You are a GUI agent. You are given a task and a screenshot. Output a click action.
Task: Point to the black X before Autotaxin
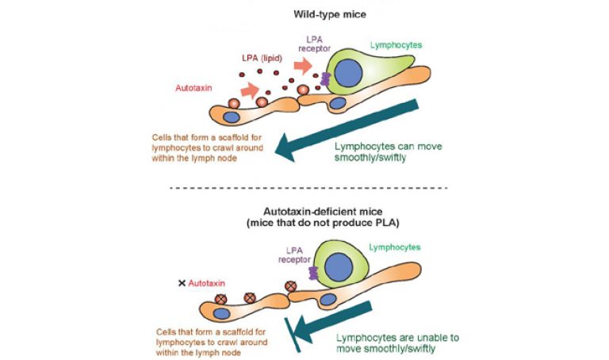coord(182,281)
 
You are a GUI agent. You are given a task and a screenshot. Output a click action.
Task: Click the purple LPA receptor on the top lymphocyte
coord(324,80)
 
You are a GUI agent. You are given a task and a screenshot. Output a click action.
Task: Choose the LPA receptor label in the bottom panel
coord(294,253)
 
